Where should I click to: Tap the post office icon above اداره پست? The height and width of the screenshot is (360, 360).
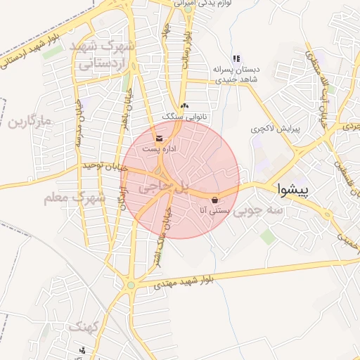(159, 138)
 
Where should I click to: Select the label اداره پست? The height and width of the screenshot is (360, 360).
(159, 149)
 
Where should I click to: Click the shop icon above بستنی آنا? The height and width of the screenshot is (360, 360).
(214, 198)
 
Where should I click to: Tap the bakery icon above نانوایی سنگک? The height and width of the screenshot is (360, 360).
(184, 106)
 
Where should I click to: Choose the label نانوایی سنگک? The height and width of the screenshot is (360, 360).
(185, 116)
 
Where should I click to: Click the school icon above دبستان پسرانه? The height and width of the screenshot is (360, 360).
(237, 58)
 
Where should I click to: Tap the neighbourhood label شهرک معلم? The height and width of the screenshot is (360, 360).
(74, 198)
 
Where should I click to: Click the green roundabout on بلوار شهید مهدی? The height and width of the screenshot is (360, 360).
(130, 285)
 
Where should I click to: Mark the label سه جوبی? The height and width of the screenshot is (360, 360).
(259, 210)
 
